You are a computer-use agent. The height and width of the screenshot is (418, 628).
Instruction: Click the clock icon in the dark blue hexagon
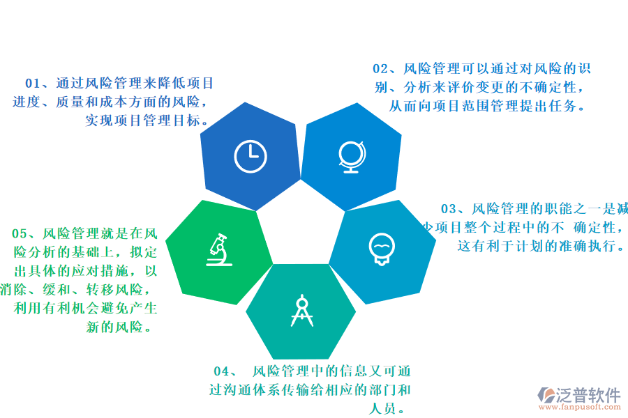pos(251,156)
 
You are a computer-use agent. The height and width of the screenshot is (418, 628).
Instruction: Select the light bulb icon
pos(381,249)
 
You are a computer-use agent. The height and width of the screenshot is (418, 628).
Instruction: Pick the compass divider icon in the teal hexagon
pos(302,311)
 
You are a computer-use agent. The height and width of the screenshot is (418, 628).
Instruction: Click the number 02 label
pos(381,69)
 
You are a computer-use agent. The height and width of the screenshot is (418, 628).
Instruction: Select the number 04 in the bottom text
pos(222,371)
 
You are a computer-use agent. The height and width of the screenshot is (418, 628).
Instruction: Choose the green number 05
pos(20,233)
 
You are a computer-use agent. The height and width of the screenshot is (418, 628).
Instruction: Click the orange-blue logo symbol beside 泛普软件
pos(546,395)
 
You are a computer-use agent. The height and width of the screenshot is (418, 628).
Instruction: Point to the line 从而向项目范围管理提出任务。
pos(486,107)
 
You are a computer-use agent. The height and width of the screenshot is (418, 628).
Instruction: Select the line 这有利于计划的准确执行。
pos(541,246)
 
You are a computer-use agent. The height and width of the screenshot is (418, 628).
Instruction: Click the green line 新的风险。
pos(120,327)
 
